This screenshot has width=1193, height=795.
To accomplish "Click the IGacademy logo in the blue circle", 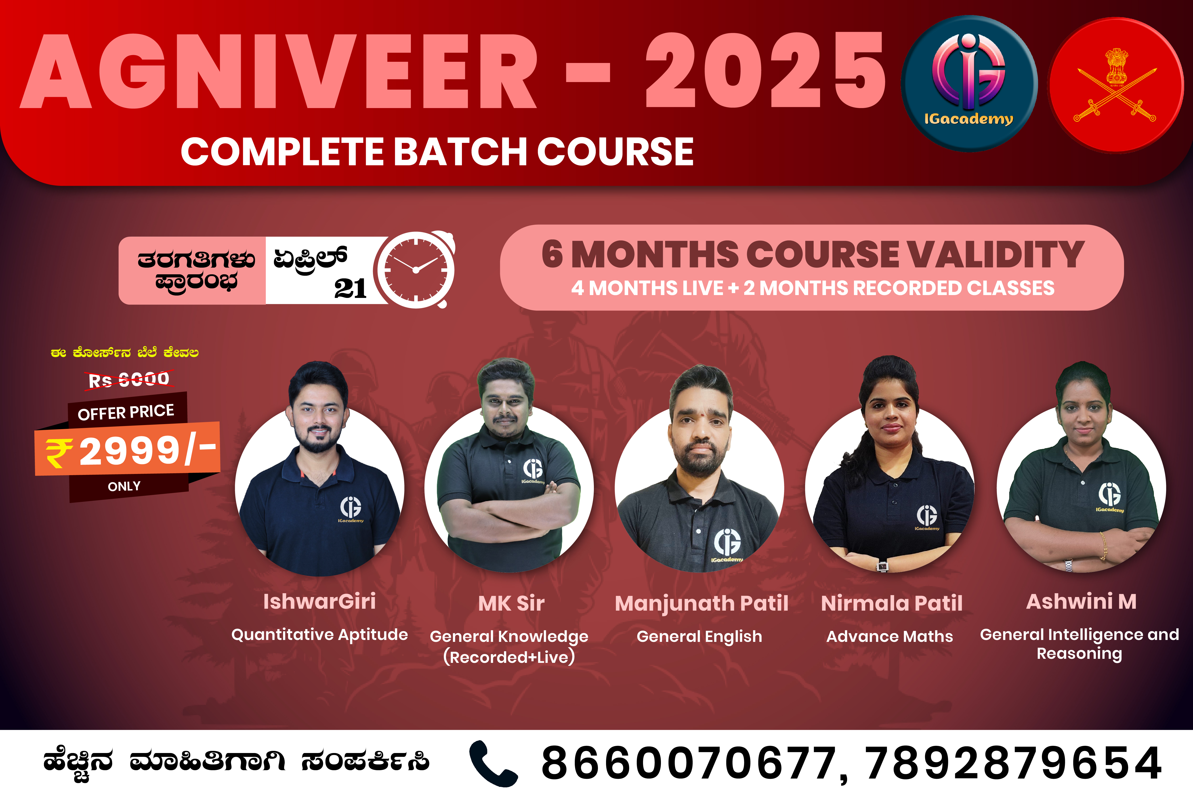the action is pos(969,84).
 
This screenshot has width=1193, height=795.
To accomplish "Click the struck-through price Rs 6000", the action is pos(129,379).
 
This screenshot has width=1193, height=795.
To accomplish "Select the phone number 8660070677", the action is pos(689,763).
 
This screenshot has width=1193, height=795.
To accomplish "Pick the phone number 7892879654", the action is pos(1013,763).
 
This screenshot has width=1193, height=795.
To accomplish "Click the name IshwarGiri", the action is pos(319,601).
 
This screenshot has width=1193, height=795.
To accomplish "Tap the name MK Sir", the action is pos(511,603).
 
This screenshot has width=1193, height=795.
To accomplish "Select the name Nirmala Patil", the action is pos(892,603).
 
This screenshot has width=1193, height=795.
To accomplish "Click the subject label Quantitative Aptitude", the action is pos(319,635).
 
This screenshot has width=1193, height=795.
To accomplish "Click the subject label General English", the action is pos(700,637).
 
